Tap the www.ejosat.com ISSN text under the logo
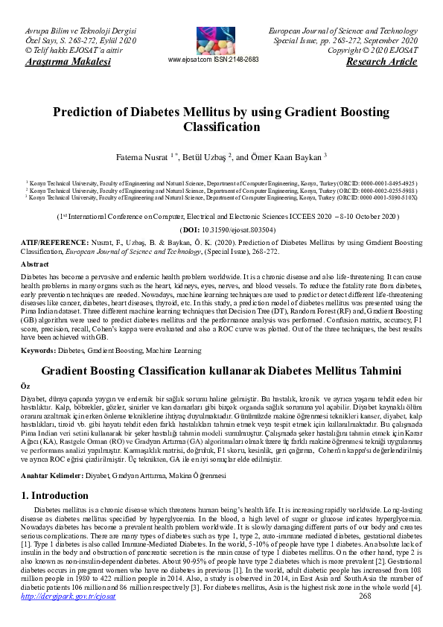[x=214, y=60]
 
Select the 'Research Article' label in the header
[x=382, y=61]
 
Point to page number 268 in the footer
[x=365, y=617]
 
